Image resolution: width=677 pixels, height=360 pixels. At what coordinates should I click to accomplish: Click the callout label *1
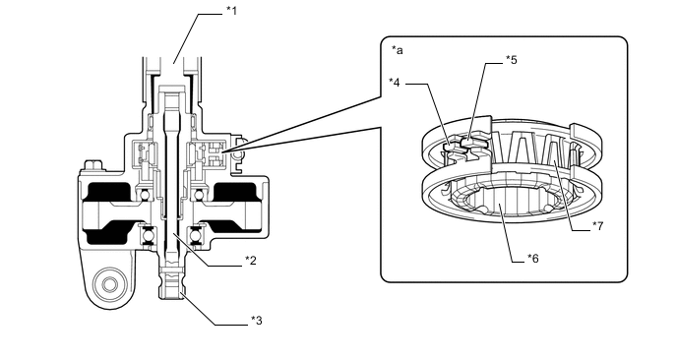click(x=232, y=11)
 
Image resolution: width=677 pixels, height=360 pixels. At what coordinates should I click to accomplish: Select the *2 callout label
click(x=251, y=261)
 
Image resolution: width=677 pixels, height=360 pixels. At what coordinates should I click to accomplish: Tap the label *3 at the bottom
click(x=257, y=321)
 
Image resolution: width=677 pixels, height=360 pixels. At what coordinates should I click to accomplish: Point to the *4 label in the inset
click(x=395, y=82)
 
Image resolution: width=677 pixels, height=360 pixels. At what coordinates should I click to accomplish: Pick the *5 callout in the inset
click(x=512, y=60)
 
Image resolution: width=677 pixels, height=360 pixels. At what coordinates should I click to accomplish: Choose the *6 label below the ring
click(x=533, y=258)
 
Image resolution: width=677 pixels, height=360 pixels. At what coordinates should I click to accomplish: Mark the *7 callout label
click(x=598, y=225)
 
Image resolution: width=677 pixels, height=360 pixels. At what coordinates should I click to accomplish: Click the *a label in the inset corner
click(x=398, y=50)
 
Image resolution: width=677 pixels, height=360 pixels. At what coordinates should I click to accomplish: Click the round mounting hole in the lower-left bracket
click(x=107, y=284)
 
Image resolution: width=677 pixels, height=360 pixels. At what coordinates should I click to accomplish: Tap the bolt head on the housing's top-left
click(x=93, y=165)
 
